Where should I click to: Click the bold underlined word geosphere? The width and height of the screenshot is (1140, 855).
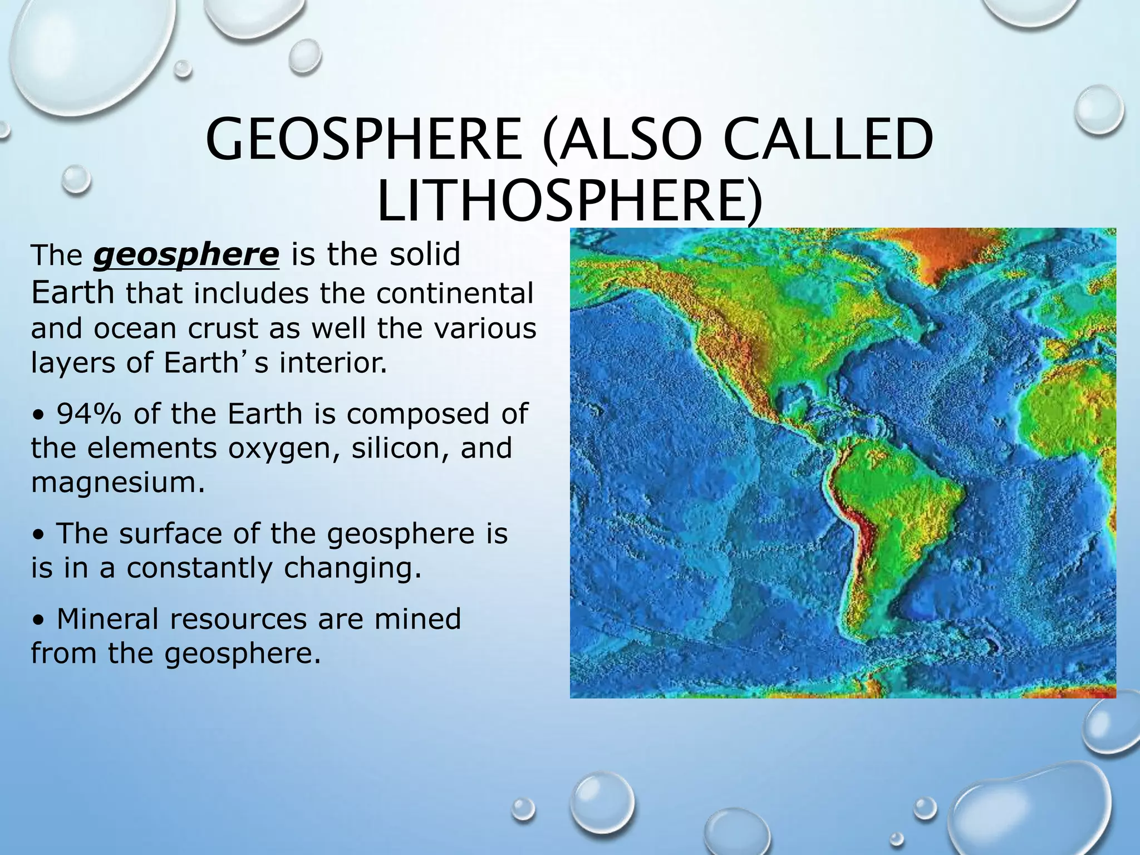186,255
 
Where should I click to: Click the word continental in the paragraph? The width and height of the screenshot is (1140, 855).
454,294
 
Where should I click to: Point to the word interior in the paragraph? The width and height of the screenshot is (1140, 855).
332,363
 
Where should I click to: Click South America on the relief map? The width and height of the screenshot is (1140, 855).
891,501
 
